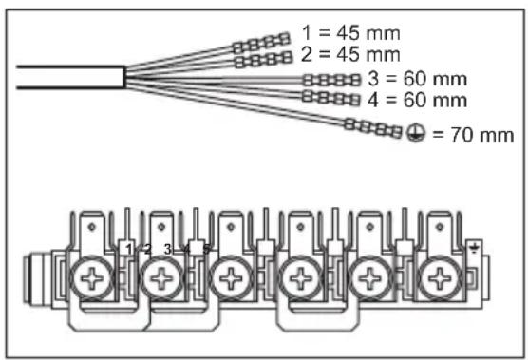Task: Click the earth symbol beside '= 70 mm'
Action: [x=416, y=134]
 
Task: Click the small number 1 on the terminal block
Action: [x=128, y=249]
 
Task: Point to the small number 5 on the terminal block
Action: [x=206, y=249]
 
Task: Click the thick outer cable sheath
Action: [x=66, y=77]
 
